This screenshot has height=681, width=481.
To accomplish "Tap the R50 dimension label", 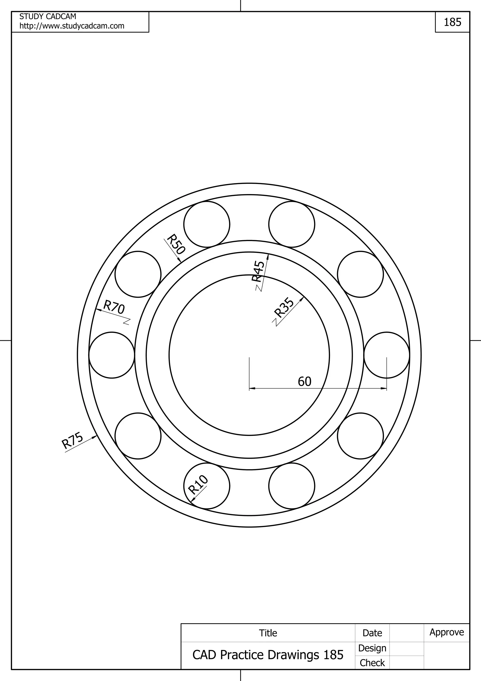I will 176,244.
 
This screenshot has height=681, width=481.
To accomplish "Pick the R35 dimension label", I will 284,307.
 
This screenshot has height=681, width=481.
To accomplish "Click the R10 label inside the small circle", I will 198,484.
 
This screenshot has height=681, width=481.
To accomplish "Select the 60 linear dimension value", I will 304,382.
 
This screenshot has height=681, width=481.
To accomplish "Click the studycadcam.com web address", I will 72,26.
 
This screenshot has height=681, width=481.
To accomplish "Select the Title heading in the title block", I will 268,633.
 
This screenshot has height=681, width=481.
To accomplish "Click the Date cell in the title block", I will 372,633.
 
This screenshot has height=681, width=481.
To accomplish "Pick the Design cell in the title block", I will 372,648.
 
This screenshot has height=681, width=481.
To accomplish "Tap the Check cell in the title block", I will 372,663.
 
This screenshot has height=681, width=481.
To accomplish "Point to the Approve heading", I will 447,632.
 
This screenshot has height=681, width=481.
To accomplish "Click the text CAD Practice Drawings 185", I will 268,655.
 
